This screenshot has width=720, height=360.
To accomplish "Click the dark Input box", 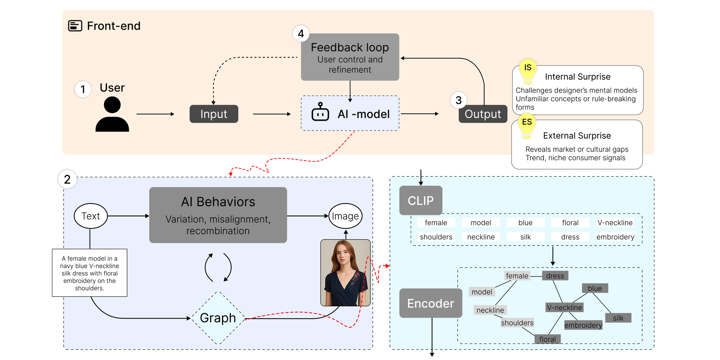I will coord(214,114).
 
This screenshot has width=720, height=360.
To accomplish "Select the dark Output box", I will coord(483,114).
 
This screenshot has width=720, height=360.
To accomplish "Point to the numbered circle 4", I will coord(301,33).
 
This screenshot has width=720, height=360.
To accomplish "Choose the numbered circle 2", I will coord(67,179).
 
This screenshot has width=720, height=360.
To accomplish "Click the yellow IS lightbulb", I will coord(528,70).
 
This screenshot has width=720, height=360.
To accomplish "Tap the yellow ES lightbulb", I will coord(527,124).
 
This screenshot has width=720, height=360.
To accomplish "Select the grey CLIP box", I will coord(420,201).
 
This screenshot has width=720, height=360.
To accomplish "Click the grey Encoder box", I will coord(431,303).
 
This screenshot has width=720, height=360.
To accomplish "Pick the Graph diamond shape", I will coord(218,318).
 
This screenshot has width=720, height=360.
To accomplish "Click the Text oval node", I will coord(91,216).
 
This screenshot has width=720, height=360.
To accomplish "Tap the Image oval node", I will coord(345,216).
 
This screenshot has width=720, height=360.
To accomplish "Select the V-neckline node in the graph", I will coord(564,307).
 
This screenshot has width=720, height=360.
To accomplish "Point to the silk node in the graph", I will coord(618,318).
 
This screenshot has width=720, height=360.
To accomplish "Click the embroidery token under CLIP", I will coord(615,237).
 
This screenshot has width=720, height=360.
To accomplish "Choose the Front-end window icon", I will coord(75,26).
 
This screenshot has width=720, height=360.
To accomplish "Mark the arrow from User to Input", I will coord(155,114).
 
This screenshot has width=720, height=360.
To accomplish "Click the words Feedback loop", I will coord(350,48).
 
